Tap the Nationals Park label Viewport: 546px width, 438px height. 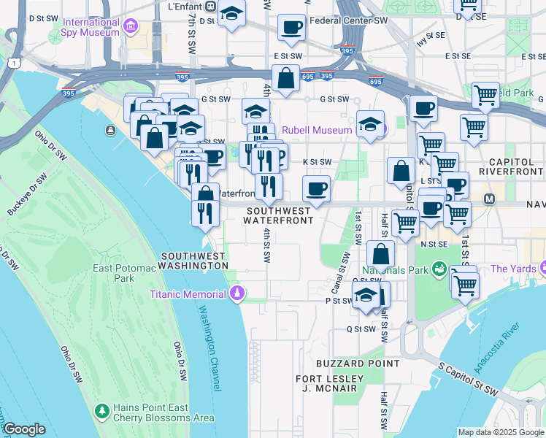point(400,269)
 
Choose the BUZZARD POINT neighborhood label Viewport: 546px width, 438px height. point(357,363)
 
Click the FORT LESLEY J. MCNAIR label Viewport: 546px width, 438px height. point(329,383)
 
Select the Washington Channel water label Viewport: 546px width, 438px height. point(208,347)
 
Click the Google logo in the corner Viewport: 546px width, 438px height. point(24,429)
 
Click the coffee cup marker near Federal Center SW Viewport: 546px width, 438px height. point(291,28)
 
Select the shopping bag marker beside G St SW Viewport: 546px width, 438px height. point(285,77)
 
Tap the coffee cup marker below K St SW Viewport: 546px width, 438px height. point(315,188)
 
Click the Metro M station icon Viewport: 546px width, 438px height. point(489,198)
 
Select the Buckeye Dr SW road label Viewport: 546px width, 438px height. point(28,194)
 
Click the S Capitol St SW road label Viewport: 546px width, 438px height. point(467,382)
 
